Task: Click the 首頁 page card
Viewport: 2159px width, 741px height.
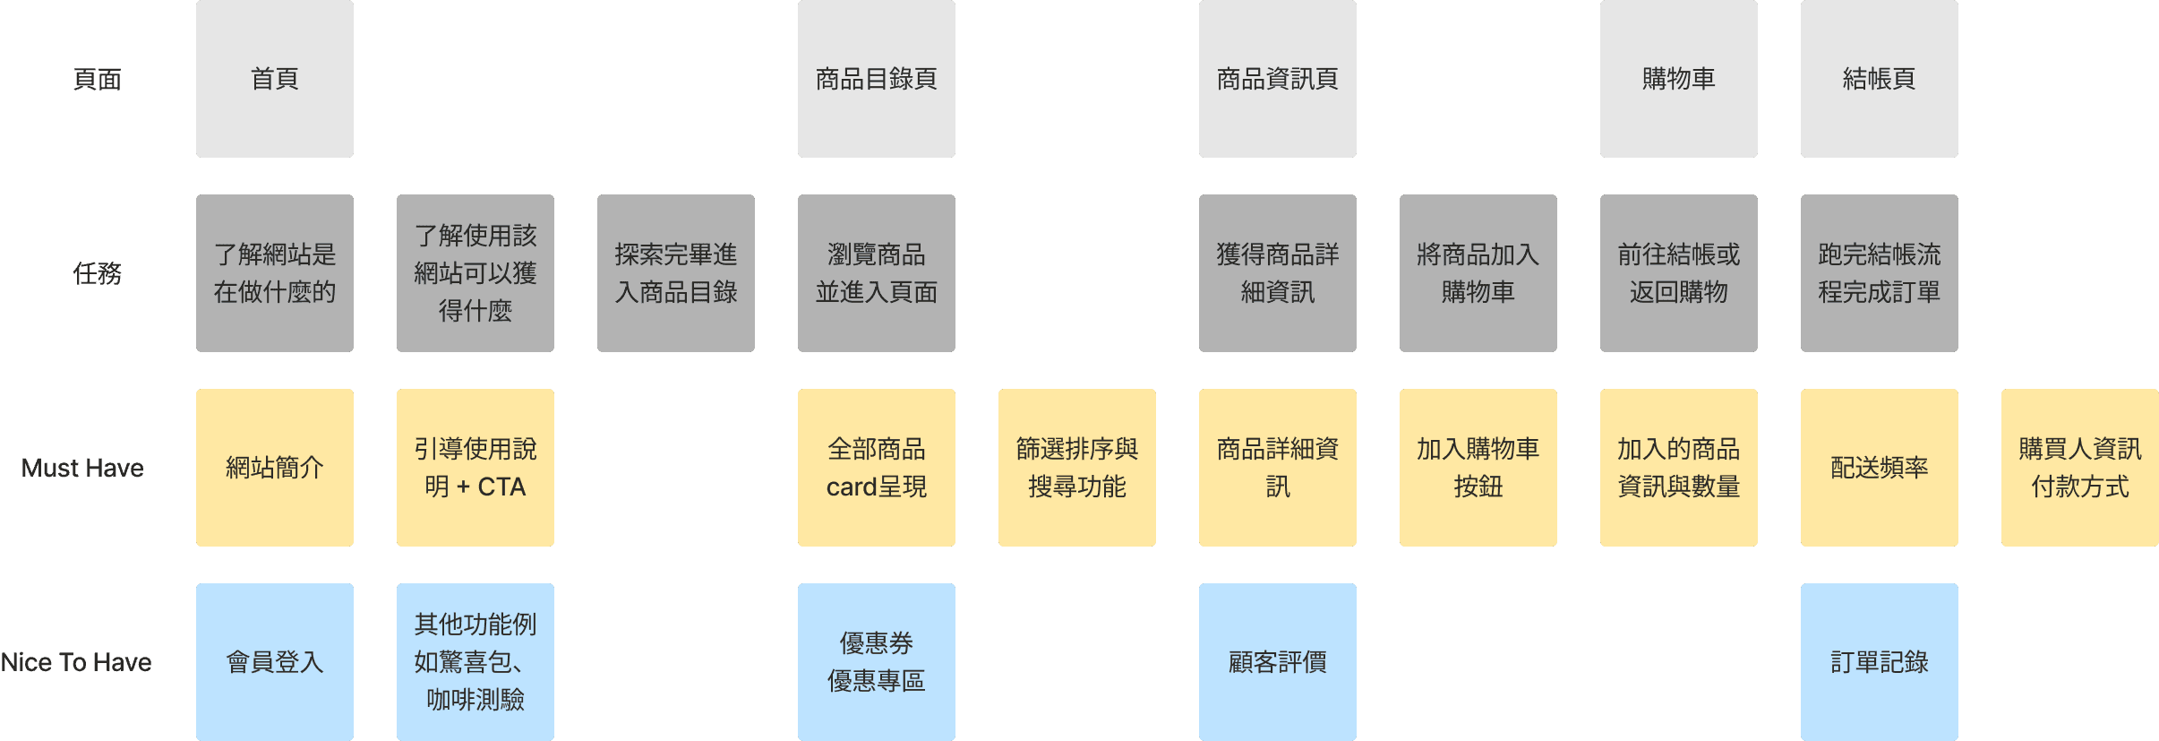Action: point(274,79)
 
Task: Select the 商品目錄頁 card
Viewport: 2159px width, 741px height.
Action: point(876,79)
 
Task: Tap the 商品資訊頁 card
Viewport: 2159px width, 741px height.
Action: point(1277,79)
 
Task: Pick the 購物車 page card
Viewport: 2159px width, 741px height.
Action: point(1678,79)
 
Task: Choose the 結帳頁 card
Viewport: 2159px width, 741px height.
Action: point(1879,79)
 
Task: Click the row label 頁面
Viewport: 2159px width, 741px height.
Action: point(97,80)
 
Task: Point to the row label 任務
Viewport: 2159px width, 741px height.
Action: point(97,273)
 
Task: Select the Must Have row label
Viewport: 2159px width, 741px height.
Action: point(82,468)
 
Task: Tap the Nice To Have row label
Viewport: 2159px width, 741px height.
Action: point(76,662)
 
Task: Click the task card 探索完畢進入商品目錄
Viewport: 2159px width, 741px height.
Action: point(675,273)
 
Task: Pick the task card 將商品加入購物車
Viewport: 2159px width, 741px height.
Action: point(1478,273)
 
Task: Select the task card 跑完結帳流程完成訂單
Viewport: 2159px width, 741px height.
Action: point(1879,273)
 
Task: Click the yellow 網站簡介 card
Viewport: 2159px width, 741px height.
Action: point(274,468)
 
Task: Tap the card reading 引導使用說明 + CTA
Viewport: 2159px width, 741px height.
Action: point(475,468)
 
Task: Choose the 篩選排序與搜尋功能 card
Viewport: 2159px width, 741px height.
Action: point(1076,468)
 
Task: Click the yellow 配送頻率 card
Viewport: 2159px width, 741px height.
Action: point(1879,468)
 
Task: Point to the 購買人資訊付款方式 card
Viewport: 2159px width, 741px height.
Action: point(2079,468)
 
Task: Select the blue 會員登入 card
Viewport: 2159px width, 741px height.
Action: point(274,662)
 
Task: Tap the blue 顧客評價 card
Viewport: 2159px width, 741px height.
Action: point(1277,662)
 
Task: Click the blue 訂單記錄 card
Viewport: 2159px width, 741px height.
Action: point(1879,662)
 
